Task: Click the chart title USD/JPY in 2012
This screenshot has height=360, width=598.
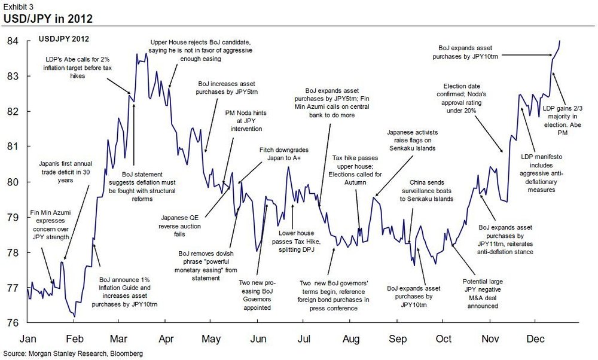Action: pos(48,19)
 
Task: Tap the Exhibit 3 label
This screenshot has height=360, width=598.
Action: pos(17,5)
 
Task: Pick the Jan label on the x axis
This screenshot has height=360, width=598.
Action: pos(29,338)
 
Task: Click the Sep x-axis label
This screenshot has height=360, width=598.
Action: pos(398,338)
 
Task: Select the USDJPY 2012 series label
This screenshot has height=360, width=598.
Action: pos(64,39)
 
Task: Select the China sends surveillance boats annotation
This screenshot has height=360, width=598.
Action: pos(434,190)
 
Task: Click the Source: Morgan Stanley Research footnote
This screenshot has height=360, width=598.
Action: pos(73,354)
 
